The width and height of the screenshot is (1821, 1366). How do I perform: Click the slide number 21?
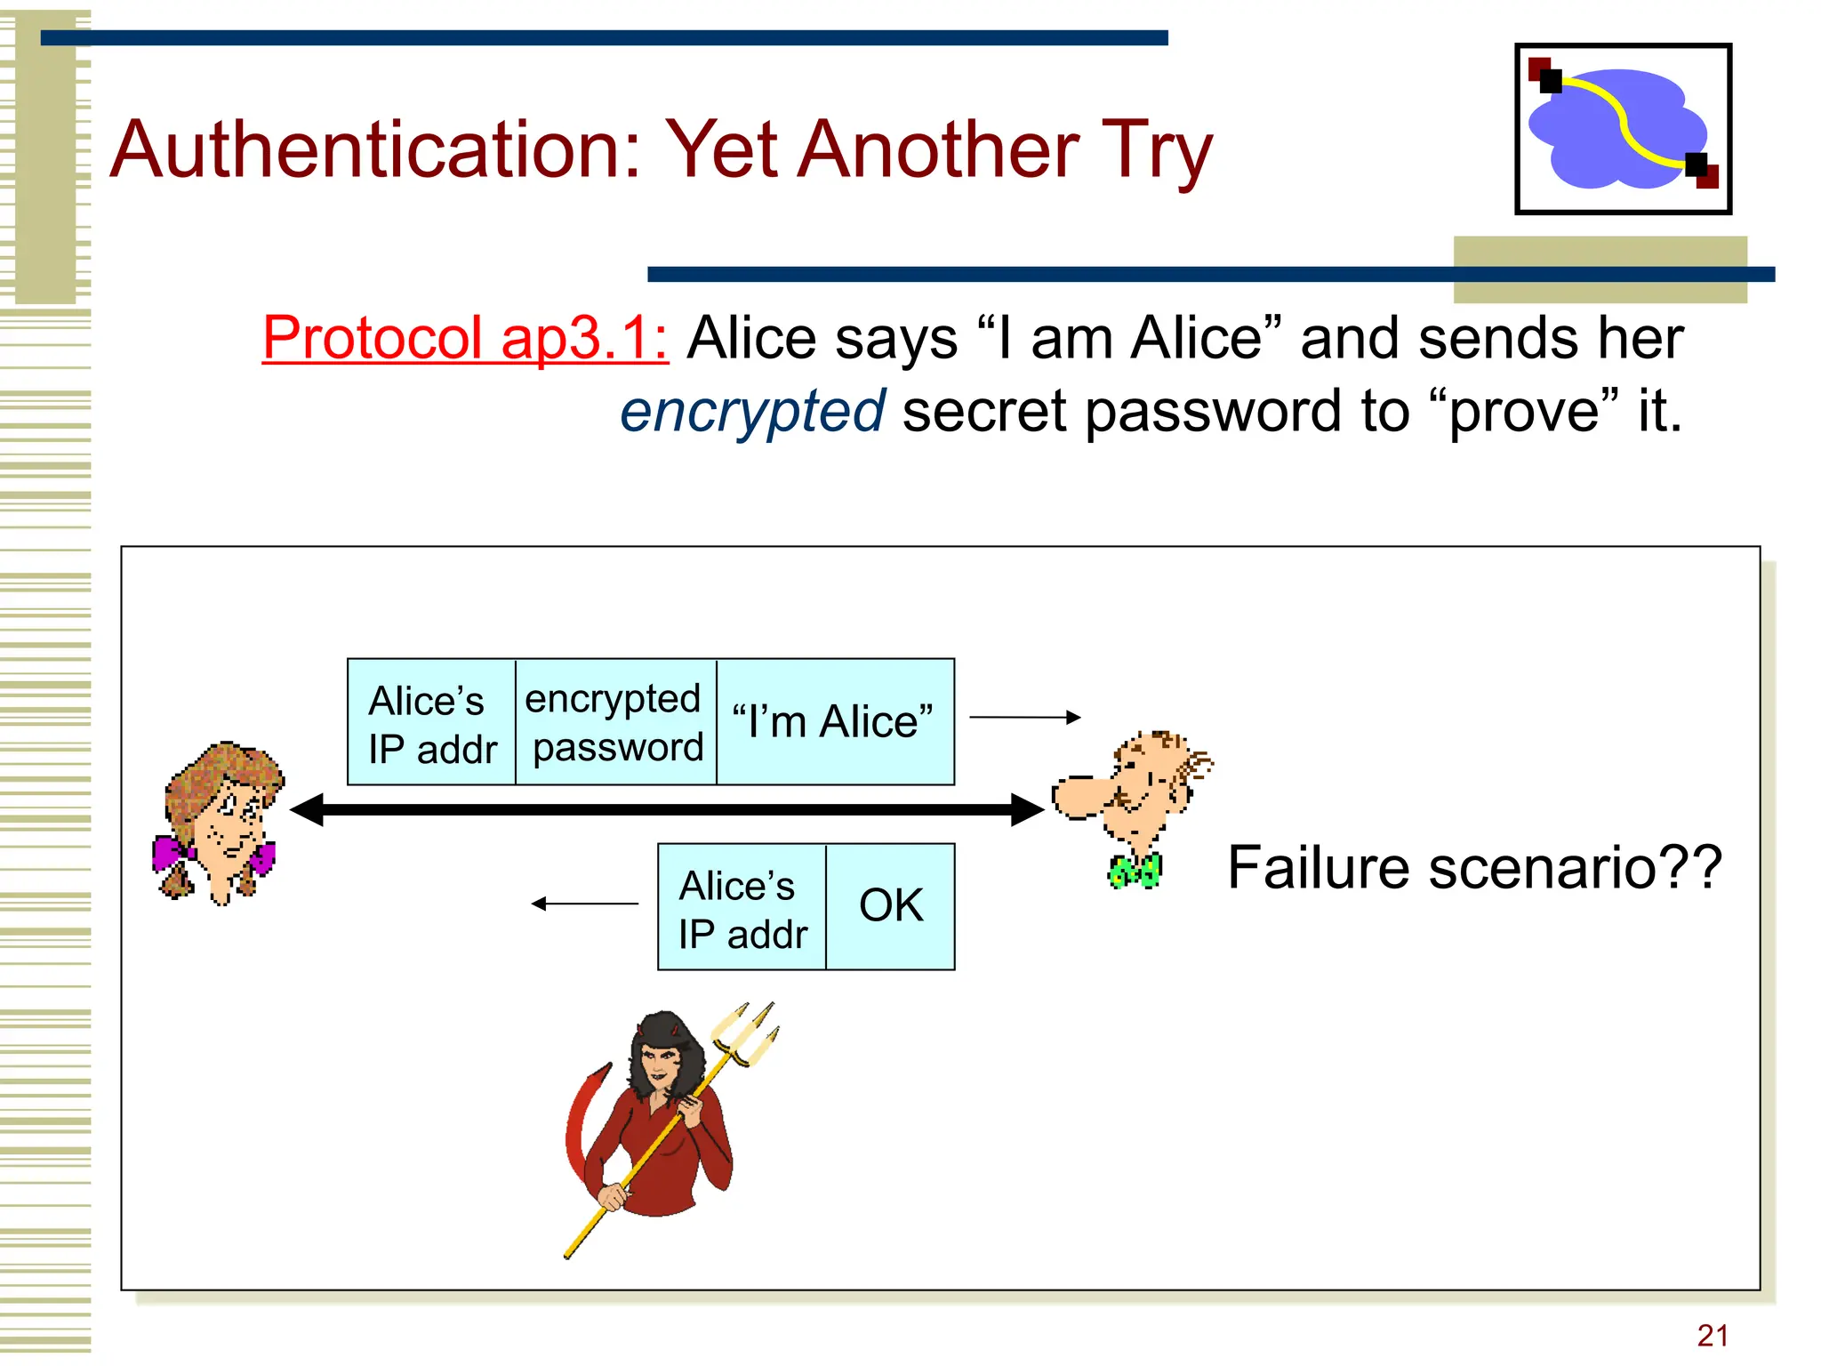(1712, 1335)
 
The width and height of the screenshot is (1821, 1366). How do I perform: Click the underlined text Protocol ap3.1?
(465, 339)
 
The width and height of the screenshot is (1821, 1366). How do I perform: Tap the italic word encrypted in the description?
(752, 412)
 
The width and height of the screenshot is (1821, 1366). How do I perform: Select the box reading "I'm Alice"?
(834, 721)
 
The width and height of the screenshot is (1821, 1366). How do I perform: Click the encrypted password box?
(615, 722)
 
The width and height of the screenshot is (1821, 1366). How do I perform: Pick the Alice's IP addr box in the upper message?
(431, 722)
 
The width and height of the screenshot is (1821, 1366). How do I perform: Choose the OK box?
(890, 906)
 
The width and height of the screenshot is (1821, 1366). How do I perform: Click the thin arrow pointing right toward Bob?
(1024, 717)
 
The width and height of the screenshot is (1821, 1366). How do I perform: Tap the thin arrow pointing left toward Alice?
(584, 904)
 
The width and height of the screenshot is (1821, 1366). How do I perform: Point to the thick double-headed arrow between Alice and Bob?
(667, 809)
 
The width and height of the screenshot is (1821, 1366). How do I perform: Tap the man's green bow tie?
(1135, 872)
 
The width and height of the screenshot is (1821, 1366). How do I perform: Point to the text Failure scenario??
(1474, 868)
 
